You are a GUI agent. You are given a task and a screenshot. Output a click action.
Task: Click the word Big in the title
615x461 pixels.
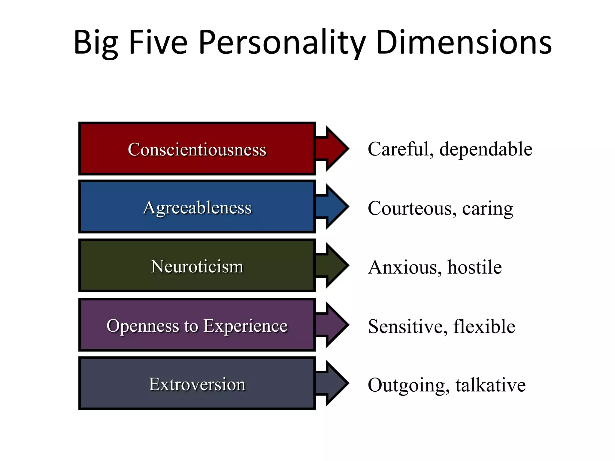96,43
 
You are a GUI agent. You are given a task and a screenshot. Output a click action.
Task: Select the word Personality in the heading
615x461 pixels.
282,43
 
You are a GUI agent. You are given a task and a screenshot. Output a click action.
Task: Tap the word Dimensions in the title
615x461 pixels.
464,43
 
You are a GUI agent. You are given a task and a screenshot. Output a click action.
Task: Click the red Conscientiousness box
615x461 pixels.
197,149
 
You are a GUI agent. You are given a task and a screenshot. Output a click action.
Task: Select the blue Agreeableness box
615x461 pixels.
197,207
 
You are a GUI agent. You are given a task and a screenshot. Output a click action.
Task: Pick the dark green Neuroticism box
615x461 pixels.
197,266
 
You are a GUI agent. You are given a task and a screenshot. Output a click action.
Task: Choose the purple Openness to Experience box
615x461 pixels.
197,325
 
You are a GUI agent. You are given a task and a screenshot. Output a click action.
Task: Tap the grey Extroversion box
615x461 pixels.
197,384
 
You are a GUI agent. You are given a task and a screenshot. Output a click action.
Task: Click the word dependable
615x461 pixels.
486,149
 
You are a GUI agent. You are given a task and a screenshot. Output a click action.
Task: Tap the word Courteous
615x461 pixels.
410,208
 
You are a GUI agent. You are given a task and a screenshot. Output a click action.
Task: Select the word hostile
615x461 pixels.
474,267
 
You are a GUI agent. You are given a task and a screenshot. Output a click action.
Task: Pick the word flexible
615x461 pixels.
484,326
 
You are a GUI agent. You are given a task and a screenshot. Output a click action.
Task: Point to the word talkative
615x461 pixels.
490,385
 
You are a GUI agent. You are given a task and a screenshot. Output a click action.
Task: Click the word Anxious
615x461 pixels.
404,267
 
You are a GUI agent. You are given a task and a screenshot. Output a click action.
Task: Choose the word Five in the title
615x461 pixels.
158,43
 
